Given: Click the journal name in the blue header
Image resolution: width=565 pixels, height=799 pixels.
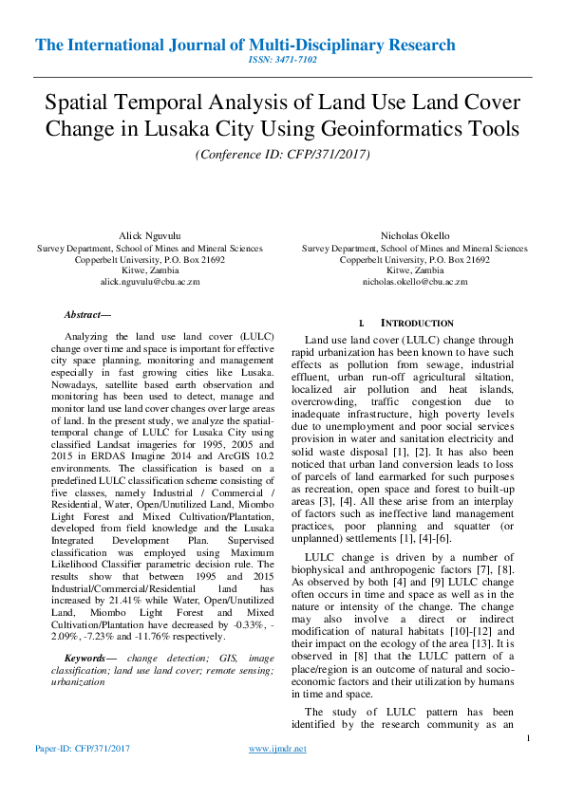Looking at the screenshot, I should coord(245,45).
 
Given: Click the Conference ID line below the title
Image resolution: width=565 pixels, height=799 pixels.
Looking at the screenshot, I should coord(282,154).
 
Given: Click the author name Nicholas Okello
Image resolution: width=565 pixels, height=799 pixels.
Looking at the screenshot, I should coord(415,233).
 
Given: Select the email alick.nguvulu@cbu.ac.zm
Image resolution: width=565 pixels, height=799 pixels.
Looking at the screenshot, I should coord(150,282).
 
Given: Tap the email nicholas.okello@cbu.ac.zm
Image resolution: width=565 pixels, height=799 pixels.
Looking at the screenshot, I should coord(415,282).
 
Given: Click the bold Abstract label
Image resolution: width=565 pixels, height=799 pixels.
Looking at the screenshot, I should coord(87,314).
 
